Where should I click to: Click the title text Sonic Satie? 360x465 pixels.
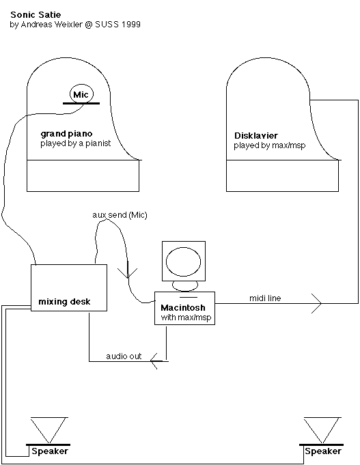click(x=36, y=14)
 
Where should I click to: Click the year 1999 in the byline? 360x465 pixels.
click(x=131, y=25)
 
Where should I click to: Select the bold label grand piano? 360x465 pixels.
click(x=66, y=134)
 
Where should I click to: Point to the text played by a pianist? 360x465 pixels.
click(x=76, y=143)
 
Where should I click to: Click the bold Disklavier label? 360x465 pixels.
click(x=256, y=135)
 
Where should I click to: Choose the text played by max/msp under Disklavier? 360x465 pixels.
click(x=269, y=145)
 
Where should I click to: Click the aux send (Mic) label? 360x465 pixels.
click(x=120, y=214)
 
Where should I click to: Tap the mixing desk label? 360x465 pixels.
click(x=64, y=302)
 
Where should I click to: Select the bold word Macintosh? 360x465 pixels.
click(x=183, y=307)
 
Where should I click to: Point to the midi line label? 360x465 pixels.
click(x=265, y=298)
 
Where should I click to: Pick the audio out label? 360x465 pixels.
click(x=124, y=356)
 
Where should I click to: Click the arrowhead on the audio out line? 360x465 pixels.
click(x=154, y=361)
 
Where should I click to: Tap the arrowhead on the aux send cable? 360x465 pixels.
click(x=128, y=273)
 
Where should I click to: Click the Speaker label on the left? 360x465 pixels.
click(x=50, y=451)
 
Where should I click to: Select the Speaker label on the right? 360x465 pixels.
click(x=323, y=451)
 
